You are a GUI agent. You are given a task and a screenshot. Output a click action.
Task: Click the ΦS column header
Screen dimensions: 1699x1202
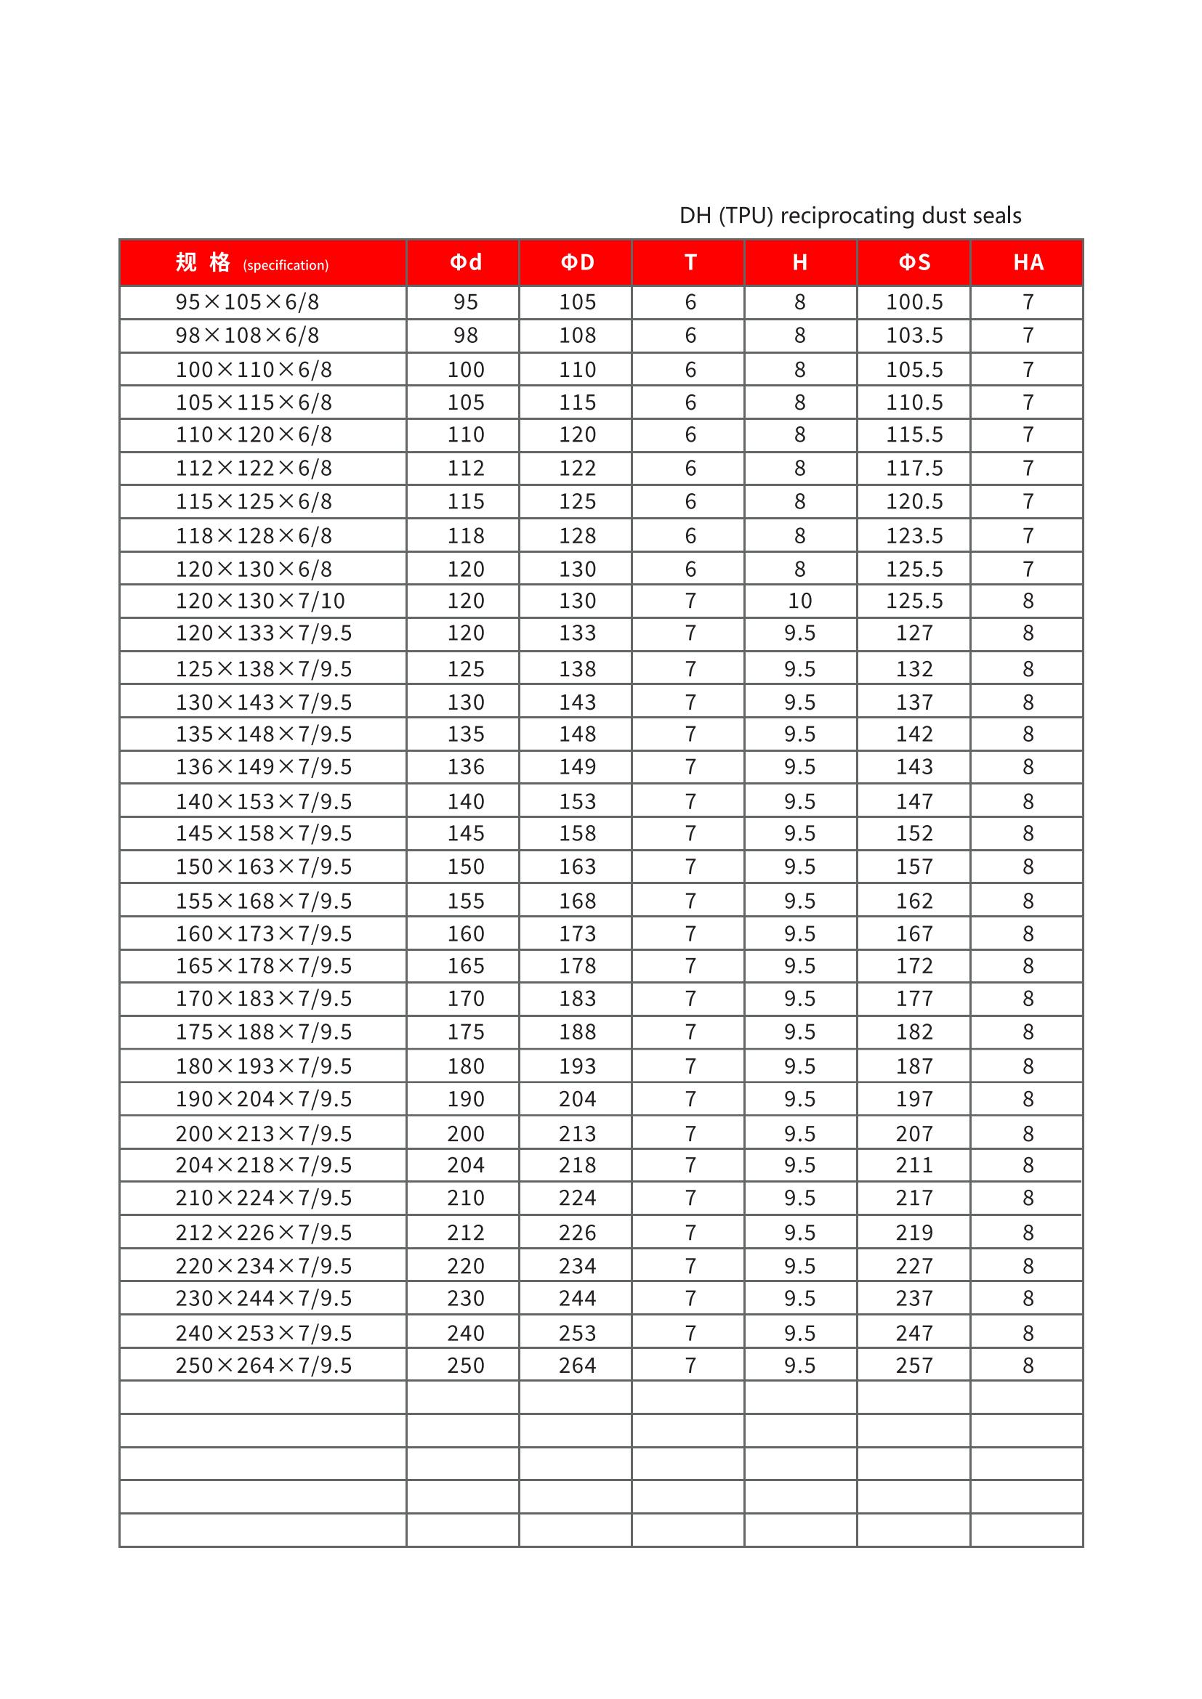914,263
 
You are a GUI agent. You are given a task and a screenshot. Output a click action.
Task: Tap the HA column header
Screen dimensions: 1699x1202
1028,263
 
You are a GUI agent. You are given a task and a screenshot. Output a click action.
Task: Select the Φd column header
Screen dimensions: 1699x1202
466,263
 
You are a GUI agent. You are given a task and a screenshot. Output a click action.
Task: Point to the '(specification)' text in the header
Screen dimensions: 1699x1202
286,266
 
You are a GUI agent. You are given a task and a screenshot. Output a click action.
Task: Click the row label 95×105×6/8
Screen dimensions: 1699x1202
247,302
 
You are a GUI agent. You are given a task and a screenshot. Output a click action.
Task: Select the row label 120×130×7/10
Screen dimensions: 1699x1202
259,601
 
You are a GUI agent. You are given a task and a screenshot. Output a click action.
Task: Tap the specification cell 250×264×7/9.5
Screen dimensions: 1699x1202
264,1366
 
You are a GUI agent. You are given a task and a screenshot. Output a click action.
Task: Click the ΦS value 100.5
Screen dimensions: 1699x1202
914,302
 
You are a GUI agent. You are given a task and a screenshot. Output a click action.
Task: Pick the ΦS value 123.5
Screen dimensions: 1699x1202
914,536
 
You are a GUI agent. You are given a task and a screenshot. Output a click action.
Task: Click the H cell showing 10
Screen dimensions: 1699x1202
799,601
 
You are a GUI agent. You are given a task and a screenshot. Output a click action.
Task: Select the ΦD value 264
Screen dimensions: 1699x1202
577,1366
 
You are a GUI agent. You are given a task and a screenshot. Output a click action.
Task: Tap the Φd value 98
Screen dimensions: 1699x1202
466,335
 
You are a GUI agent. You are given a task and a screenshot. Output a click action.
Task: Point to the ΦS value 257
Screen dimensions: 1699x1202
914,1366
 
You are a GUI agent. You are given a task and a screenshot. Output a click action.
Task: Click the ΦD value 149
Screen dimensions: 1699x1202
577,766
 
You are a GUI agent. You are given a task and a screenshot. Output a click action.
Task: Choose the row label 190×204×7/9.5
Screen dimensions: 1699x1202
264,1099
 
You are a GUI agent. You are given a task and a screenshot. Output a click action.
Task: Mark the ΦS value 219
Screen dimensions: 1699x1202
914,1233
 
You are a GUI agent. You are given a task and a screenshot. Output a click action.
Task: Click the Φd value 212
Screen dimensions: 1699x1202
466,1233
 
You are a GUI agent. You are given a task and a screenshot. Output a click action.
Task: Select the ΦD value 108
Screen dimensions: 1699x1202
577,335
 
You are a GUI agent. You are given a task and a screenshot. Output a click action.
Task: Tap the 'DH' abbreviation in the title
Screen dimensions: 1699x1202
695,215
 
